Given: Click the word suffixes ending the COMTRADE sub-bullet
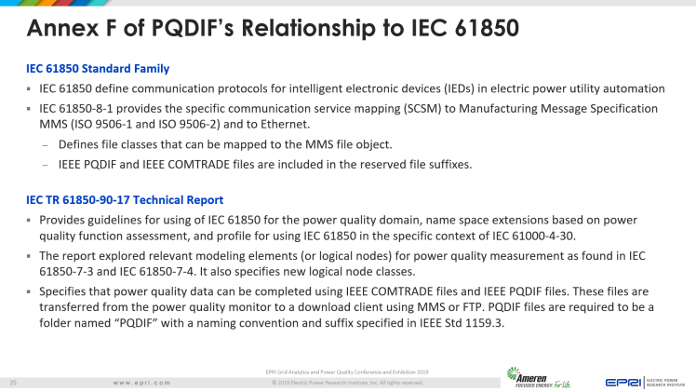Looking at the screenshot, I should [x=448, y=164].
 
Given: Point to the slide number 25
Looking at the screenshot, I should [x=14, y=382].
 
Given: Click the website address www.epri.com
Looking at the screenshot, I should [x=141, y=382].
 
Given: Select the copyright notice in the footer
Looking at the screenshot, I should [x=347, y=382].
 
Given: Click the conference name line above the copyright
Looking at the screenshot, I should [x=347, y=372].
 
